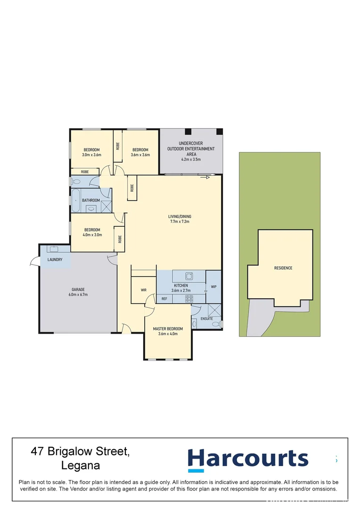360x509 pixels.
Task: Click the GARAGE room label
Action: [x=78, y=289]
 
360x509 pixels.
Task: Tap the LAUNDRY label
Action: [x=55, y=260]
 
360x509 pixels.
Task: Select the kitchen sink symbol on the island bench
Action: [x=189, y=276]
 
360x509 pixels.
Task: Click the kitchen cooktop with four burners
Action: [x=189, y=298]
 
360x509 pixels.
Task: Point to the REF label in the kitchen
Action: [x=164, y=299]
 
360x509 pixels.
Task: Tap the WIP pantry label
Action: [x=213, y=287]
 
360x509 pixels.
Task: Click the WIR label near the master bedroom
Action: [x=143, y=290]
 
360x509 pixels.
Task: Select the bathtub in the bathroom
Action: [x=75, y=200]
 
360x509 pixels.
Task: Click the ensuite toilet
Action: [x=217, y=324]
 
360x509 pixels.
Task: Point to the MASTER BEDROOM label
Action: [x=168, y=329]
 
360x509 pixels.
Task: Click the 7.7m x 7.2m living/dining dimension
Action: [x=180, y=222]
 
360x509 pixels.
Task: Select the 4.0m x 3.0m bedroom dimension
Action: [x=92, y=235]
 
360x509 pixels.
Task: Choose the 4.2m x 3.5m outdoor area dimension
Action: [x=191, y=159]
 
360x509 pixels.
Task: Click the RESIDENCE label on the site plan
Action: [x=283, y=268]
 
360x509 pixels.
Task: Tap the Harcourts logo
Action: [x=248, y=460]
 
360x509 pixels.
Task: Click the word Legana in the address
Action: [x=81, y=466]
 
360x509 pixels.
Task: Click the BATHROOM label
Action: [x=91, y=200]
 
